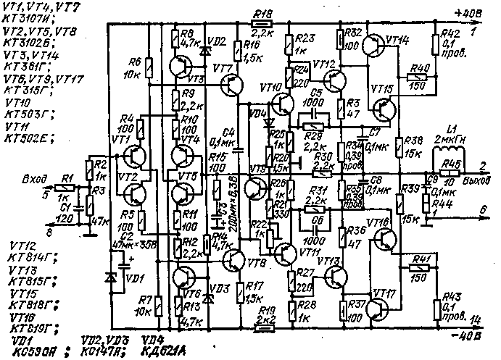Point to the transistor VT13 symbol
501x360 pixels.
(335, 277)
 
